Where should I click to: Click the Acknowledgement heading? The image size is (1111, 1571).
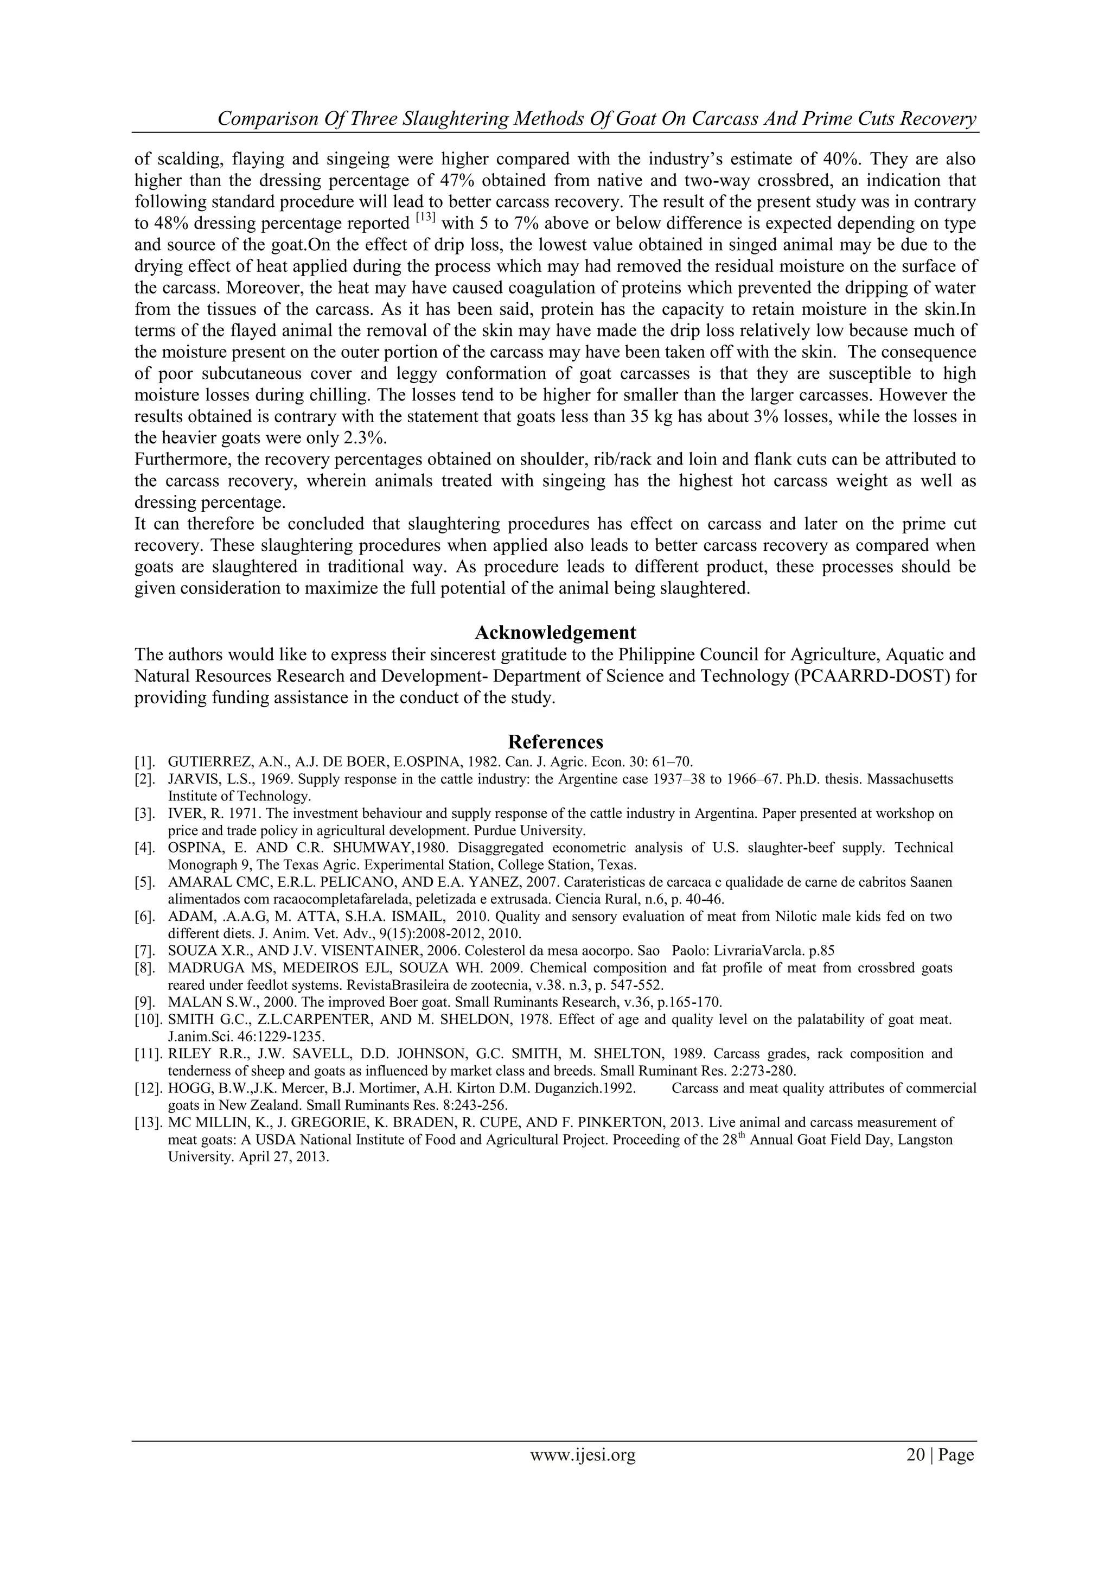[x=555, y=632]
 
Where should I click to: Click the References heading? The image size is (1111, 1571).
[x=555, y=742]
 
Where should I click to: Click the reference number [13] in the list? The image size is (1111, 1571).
[x=148, y=1122]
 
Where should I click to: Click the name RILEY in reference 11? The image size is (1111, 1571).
[x=186, y=1054]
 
